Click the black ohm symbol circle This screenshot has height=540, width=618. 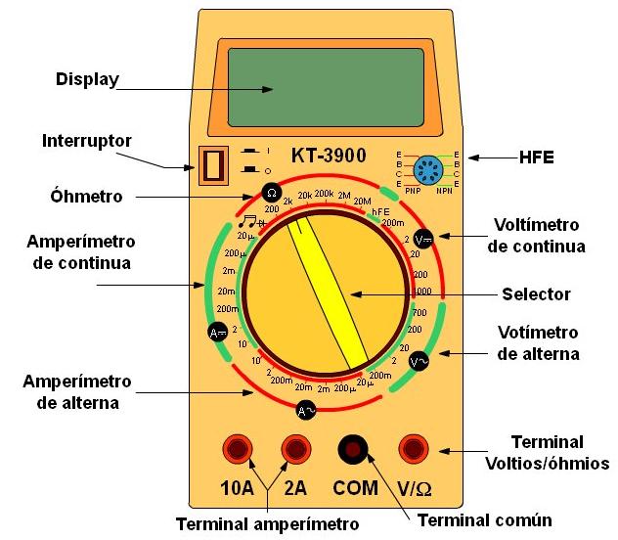click(271, 192)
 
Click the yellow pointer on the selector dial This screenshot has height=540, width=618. click(330, 289)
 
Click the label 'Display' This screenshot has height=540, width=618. click(86, 79)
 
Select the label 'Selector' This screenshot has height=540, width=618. click(535, 292)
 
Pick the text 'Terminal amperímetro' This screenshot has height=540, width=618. click(267, 523)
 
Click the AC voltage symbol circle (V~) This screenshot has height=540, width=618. click(419, 362)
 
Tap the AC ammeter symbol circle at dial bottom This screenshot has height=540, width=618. click(306, 411)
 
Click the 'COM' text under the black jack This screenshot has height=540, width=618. click(354, 486)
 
